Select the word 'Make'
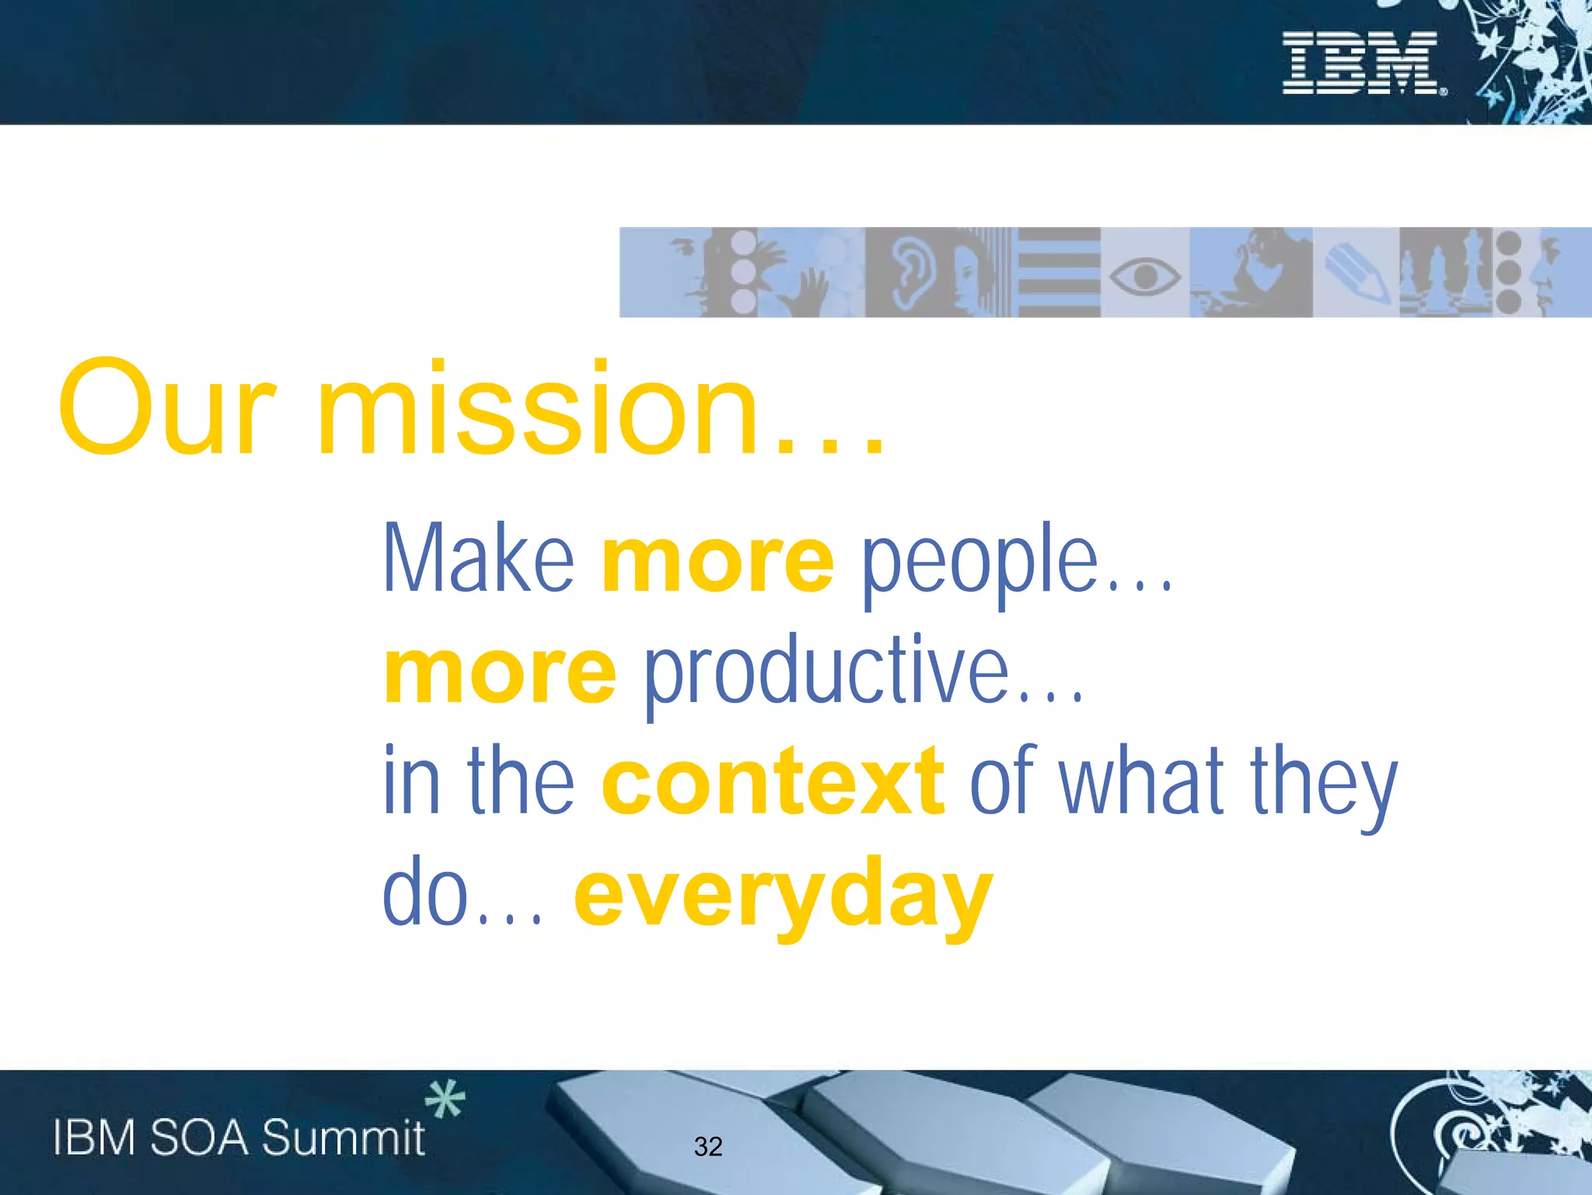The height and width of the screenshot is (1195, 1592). [478, 558]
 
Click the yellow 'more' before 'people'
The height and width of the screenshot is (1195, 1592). [717, 561]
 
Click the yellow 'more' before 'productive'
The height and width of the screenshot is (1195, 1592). [500, 673]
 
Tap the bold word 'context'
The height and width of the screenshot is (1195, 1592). [773, 781]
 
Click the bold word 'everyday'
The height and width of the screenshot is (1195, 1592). [783, 896]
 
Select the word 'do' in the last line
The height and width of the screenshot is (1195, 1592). [425, 893]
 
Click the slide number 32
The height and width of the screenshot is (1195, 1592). [707, 1146]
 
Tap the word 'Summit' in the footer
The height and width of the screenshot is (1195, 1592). [343, 1138]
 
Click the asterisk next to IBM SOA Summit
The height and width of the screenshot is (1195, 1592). [445, 1099]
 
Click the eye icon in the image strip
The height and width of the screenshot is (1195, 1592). [1144, 275]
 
